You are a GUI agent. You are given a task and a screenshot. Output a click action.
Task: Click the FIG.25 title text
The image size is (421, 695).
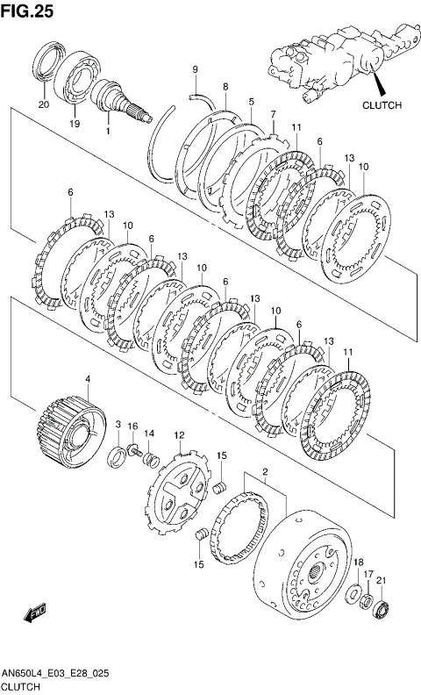[x=27, y=11]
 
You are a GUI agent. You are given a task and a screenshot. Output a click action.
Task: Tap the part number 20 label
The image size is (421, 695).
[x=44, y=105]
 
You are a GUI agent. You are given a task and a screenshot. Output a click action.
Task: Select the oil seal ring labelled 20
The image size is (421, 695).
[x=50, y=61]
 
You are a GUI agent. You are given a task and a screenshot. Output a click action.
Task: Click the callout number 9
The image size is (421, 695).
[x=195, y=69]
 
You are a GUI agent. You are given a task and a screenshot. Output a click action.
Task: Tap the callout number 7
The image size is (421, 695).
[x=273, y=114]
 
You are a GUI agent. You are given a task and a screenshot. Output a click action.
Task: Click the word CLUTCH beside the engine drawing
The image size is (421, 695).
[x=382, y=105]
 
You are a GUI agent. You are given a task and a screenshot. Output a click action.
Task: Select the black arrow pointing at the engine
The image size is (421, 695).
[x=379, y=83]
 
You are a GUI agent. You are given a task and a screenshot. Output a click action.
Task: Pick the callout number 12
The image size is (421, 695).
[x=179, y=436]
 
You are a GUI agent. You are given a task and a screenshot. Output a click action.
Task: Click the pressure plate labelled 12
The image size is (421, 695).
[x=177, y=491]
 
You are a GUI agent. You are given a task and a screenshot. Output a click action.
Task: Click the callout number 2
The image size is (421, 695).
[x=265, y=470]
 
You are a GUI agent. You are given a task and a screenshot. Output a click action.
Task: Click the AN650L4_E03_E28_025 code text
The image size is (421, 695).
[x=55, y=674]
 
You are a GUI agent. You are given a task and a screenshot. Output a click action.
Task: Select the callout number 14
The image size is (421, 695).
[x=149, y=433]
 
